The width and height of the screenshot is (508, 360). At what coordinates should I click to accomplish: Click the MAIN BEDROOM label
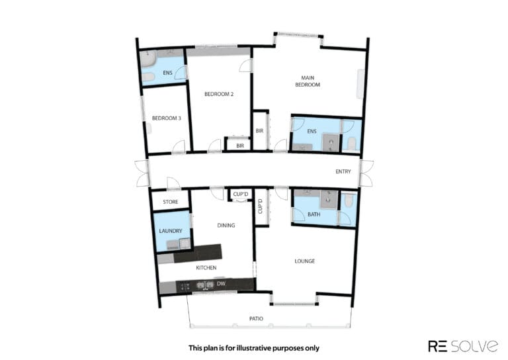point(308,81)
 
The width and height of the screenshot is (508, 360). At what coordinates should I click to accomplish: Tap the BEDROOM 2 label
point(219,94)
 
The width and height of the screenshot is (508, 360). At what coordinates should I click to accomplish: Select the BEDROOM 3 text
point(167,118)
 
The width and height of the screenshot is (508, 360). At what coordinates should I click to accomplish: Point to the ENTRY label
point(343,171)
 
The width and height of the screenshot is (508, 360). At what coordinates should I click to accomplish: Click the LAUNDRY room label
point(171,231)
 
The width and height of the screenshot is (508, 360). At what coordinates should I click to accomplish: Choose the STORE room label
point(171,202)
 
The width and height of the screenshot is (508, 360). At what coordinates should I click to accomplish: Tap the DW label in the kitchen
point(221,284)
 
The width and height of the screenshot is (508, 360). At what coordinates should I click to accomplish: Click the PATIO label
point(256,319)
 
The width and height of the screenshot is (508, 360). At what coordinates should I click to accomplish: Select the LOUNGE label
point(304,261)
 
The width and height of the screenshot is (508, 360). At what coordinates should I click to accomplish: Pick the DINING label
point(226,225)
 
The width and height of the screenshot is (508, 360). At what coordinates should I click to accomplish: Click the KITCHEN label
point(206,267)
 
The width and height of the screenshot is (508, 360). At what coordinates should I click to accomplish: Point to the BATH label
point(314,214)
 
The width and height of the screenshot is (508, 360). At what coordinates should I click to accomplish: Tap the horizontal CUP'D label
point(240,194)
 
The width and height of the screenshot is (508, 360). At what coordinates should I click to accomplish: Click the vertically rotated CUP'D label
point(260,206)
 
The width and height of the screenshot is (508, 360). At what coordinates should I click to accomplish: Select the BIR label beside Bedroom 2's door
point(239,146)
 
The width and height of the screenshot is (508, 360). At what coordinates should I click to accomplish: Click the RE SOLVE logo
point(463,346)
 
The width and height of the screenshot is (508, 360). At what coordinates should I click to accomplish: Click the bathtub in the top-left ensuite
point(148,59)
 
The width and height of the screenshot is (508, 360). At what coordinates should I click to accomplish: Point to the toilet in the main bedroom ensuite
point(351,143)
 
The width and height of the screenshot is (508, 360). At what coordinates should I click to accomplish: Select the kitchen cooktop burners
point(185,287)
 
